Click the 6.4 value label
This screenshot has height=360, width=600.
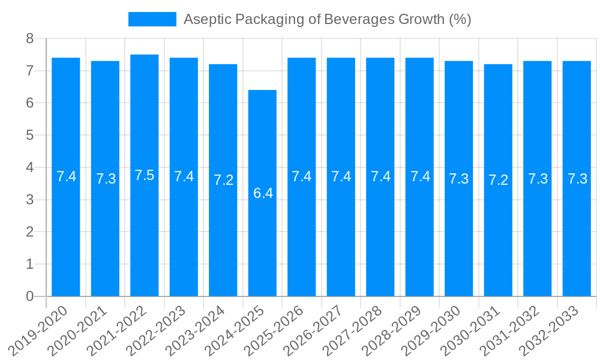[x=263, y=193]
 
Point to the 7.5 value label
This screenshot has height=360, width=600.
[x=145, y=175]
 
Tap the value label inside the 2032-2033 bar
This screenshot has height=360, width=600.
[x=577, y=179]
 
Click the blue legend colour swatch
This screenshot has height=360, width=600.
[x=152, y=19]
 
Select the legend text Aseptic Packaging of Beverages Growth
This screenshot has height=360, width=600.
[x=327, y=19]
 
